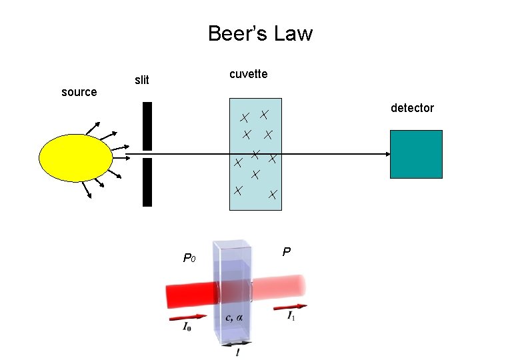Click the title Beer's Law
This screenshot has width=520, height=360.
click(x=260, y=33)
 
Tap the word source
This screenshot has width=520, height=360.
click(x=79, y=92)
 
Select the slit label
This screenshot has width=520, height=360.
click(x=142, y=81)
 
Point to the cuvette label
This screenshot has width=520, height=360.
click(x=248, y=74)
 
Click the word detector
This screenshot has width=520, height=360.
click(x=412, y=108)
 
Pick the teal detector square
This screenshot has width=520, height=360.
click(x=416, y=154)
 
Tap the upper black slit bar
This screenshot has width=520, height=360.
click(x=147, y=126)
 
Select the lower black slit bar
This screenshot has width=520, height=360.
click(x=147, y=182)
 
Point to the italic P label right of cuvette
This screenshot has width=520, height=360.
click(x=285, y=252)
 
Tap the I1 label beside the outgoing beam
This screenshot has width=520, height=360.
click(x=291, y=316)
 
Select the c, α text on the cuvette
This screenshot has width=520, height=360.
click(x=234, y=317)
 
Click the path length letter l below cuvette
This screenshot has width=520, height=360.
click(x=237, y=351)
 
